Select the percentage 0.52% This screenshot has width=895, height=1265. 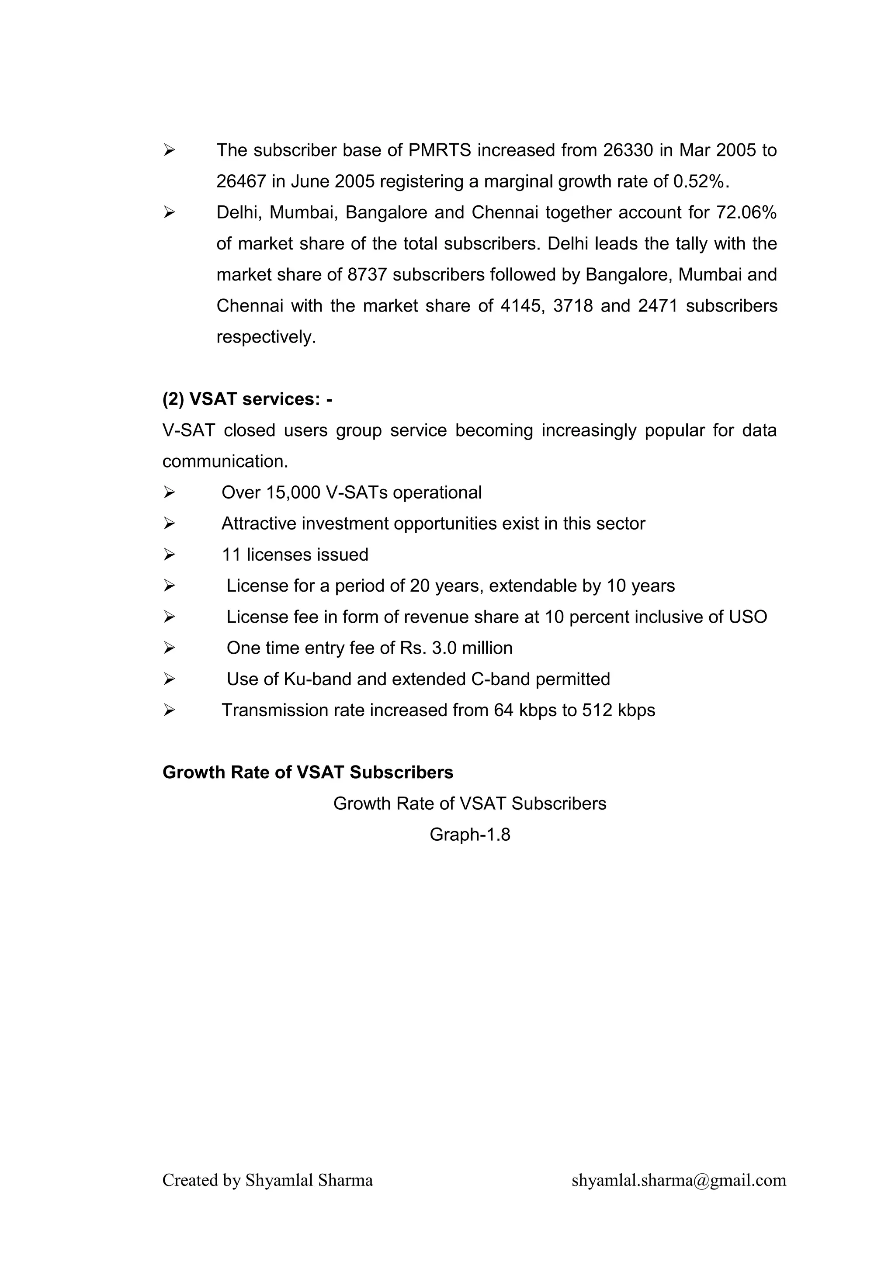point(701,181)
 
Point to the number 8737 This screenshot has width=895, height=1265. point(367,274)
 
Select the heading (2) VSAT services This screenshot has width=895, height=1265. point(247,399)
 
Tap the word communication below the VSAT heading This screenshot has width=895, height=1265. point(225,461)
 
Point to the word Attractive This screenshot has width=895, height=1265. point(258,523)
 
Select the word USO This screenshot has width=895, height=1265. point(748,617)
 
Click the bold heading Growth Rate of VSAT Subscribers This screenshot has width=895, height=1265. point(308,773)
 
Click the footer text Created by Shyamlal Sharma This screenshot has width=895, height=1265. point(267,1180)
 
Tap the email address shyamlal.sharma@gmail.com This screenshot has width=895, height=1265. point(678,1180)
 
